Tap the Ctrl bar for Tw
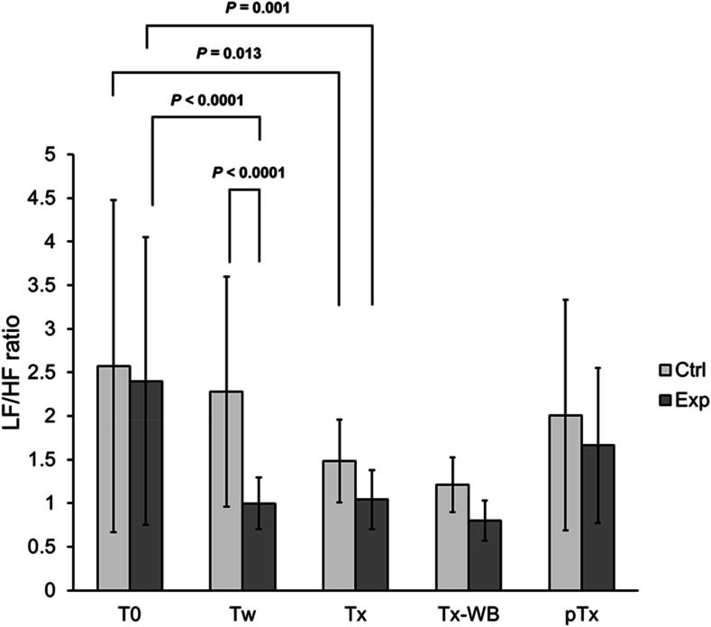(x=226, y=491)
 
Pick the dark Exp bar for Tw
(x=260, y=547)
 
